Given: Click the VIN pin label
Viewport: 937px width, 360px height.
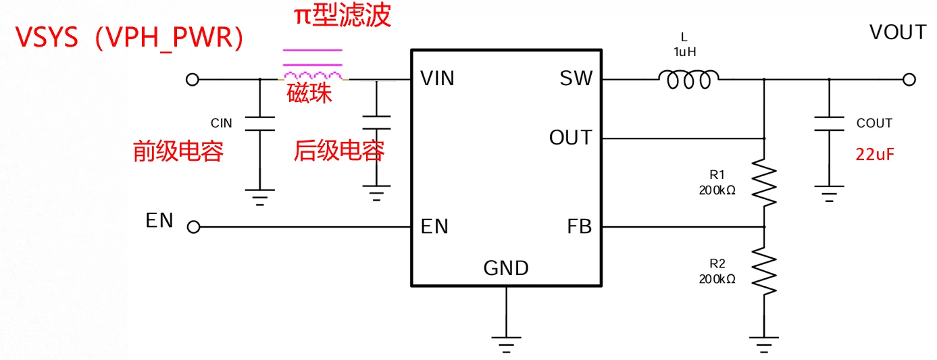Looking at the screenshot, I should click(x=437, y=79).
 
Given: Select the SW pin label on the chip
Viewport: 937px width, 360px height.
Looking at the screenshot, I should click(x=576, y=79).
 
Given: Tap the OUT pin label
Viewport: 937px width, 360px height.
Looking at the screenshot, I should click(x=570, y=138).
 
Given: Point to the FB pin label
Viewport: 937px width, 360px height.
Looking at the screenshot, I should click(x=580, y=227).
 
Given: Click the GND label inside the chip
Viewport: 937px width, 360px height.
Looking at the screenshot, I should click(x=506, y=268).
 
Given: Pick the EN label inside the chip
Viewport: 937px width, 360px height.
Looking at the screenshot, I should click(x=434, y=227).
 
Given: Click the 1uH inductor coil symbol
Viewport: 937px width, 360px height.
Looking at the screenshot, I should click(x=688, y=80).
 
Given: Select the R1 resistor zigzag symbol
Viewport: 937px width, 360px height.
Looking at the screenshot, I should click(x=764, y=182).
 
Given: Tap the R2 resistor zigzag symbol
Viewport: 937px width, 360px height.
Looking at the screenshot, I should click(x=764, y=271).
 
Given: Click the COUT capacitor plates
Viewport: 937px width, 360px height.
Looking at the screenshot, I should click(x=829, y=124).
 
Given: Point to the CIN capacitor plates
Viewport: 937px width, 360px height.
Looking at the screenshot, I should click(x=259, y=124).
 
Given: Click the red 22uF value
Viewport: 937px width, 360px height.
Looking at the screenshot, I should click(x=875, y=154).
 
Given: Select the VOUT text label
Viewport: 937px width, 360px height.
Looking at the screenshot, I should click(x=897, y=32).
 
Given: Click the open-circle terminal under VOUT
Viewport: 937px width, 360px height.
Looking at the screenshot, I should click(x=909, y=80).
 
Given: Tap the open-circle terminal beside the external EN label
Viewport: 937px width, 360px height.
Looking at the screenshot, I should click(x=193, y=228).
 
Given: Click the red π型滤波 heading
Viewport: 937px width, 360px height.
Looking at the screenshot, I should click(x=342, y=16).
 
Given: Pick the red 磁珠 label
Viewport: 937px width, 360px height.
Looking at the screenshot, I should click(x=309, y=95).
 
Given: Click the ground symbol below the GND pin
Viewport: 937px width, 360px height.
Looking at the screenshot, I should click(x=505, y=342).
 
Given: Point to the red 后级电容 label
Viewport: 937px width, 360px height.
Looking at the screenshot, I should click(x=339, y=151).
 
